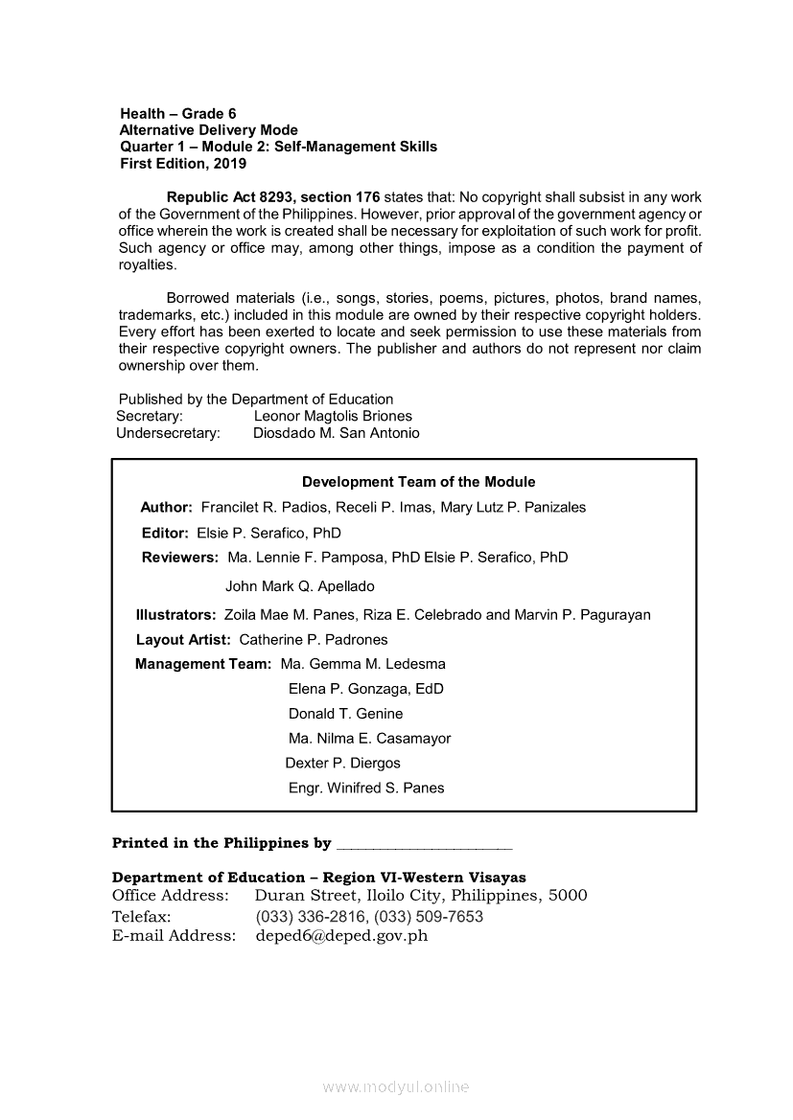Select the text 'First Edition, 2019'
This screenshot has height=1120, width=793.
[182, 164]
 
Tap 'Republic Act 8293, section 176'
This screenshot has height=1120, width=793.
[273, 196]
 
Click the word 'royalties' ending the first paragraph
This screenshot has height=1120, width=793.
[148, 265]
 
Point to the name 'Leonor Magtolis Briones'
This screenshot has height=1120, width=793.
[333, 416]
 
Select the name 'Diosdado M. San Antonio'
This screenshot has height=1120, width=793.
[336, 433]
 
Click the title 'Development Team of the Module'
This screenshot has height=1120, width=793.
[418, 482]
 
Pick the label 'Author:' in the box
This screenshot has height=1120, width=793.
[167, 507]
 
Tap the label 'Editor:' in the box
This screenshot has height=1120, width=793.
[165, 533]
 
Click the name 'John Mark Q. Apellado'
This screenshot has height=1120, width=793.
[299, 586]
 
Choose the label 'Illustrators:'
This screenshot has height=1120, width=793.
[176, 615]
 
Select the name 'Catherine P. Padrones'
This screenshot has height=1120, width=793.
[313, 640]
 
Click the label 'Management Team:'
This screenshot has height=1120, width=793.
[203, 664]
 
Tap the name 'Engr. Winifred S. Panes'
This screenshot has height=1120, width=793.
[366, 789]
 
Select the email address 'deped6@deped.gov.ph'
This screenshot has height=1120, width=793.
[341, 936]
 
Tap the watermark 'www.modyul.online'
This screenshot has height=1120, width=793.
[396, 1087]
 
